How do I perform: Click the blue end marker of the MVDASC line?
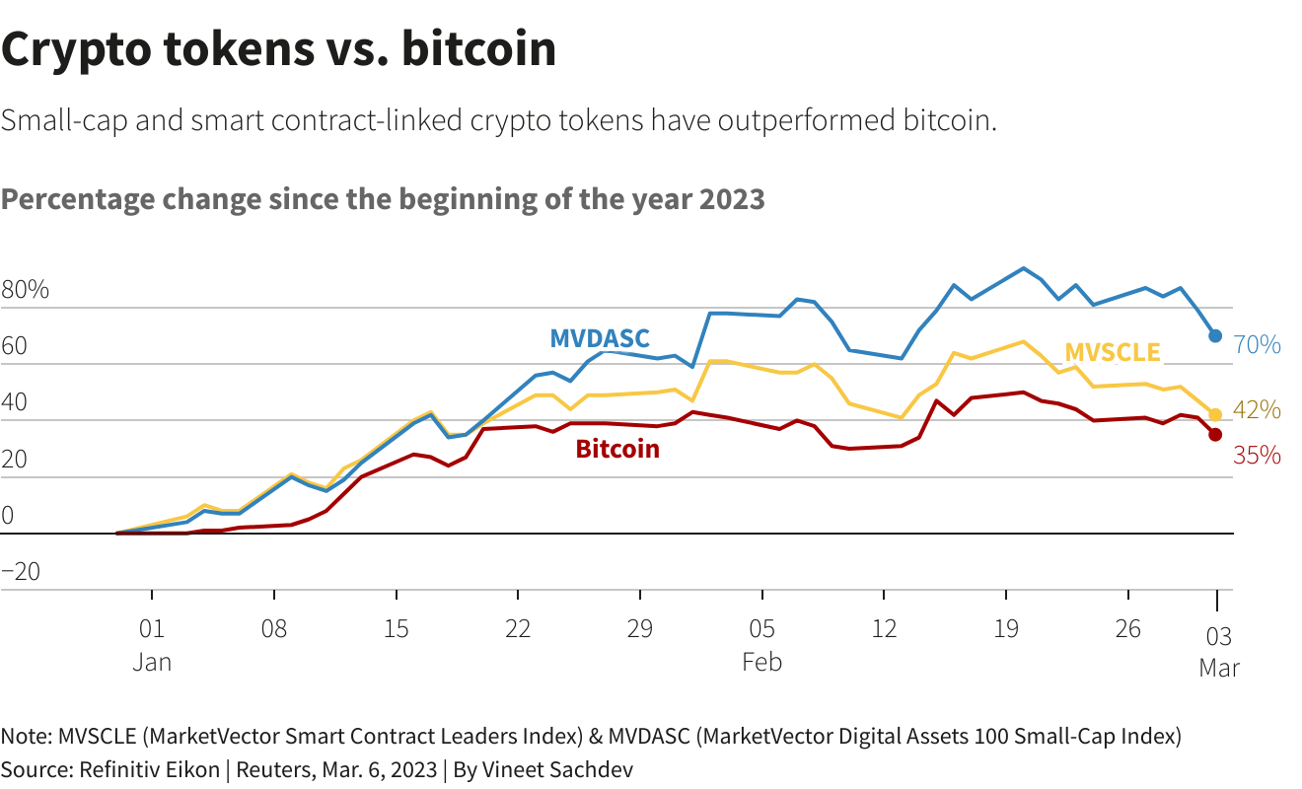(x=1215, y=336)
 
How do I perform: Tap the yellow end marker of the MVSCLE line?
(x=1215, y=415)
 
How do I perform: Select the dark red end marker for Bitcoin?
(x=1215, y=435)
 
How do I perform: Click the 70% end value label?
(x=1258, y=345)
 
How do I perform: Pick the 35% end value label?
(x=1257, y=456)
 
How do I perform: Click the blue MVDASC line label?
(x=600, y=339)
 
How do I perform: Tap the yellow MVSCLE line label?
(x=1113, y=352)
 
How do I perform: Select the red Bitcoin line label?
(x=617, y=450)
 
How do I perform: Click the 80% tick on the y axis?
(x=25, y=291)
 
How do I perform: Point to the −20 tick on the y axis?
(x=21, y=572)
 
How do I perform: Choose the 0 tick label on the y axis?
(x=8, y=516)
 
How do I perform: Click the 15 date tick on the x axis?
(x=396, y=629)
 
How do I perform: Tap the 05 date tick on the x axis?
(x=761, y=629)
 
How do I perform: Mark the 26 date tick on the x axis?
(x=1127, y=629)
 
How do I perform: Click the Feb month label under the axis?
(x=761, y=662)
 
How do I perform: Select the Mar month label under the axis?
(x=1219, y=668)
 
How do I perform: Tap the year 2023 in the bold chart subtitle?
(x=732, y=199)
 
